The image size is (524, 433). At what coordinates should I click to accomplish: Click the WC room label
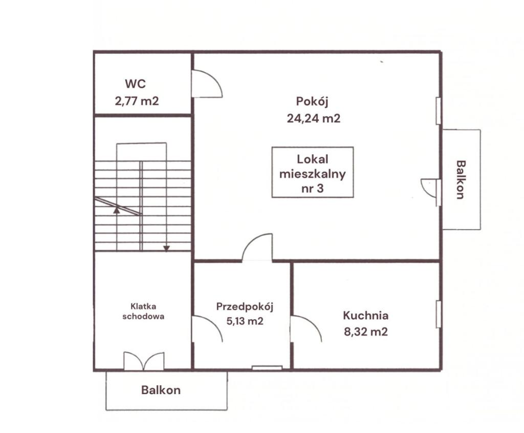(135, 84)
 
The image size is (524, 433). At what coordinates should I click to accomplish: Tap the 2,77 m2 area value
(137, 101)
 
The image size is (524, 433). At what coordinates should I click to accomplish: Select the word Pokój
(312, 101)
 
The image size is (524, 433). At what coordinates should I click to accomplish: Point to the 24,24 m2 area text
(314, 118)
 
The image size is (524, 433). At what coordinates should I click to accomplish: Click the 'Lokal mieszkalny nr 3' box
(313, 172)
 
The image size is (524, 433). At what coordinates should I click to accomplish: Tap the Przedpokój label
(245, 307)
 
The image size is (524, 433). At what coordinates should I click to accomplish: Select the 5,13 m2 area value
(245, 321)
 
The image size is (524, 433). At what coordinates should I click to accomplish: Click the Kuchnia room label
(365, 316)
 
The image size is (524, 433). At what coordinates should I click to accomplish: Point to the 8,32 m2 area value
(365, 332)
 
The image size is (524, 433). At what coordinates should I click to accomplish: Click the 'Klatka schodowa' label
(143, 312)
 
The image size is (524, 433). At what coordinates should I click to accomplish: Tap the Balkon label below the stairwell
(161, 390)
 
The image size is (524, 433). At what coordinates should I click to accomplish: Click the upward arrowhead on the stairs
(116, 210)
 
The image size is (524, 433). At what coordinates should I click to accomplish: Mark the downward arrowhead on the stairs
(166, 249)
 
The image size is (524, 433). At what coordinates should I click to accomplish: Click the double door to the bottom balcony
(144, 361)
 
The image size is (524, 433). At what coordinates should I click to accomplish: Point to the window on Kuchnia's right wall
(438, 315)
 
